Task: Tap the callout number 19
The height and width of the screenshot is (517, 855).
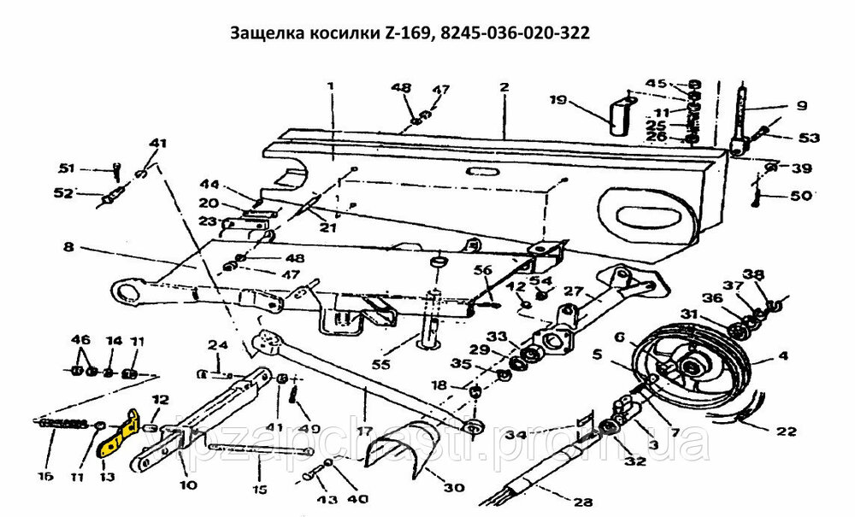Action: pyautogui.click(x=558, y=100)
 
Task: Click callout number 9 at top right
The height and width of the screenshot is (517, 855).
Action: pyautogui.click(x=801, y=107)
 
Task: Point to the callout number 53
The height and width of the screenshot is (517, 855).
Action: pyautogui.click(x=809, y=138)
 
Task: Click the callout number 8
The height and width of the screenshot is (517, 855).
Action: pyautogui.click(x=69, y=249)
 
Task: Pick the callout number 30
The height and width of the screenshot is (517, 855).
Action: pyautogui.click(x=453, y=488)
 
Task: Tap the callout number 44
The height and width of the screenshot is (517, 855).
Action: pyautogui.click(x=210, y=184)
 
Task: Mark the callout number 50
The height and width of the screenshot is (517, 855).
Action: pyautogui.click(x=801, y=197)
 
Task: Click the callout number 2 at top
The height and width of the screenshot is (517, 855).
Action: pyautogui.click(x=504, y=87)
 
